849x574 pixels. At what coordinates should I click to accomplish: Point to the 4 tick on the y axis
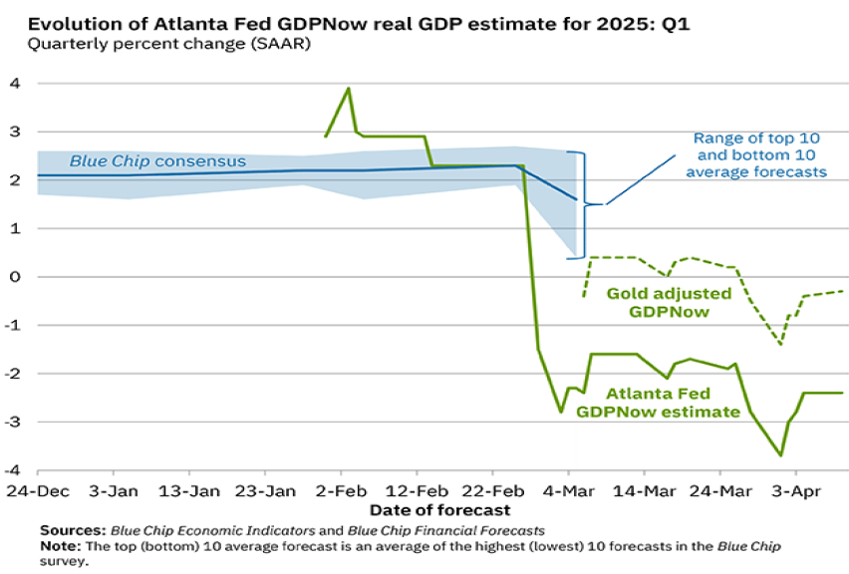click(x=14, y=83)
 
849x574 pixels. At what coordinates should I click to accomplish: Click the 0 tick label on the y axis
click(x=14, y=276)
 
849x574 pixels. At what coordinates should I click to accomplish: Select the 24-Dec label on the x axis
click(x=34, y=491)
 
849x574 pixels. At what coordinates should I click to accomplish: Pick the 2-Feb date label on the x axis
click(x=341, y=491)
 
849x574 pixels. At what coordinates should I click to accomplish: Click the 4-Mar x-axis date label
click(x=568, y=491)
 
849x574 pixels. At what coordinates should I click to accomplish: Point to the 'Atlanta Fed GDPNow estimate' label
click(x=658, y=401)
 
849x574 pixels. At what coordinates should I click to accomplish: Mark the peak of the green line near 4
click(x=349, y=89)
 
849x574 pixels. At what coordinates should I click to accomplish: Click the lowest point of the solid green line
click(x=781, y=455)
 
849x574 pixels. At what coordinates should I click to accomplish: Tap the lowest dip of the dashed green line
click(x=780, y=344)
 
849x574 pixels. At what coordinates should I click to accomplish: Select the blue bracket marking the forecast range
click(x=586, y=203)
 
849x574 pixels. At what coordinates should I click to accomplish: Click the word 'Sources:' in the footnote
click(x=73, y=529)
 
